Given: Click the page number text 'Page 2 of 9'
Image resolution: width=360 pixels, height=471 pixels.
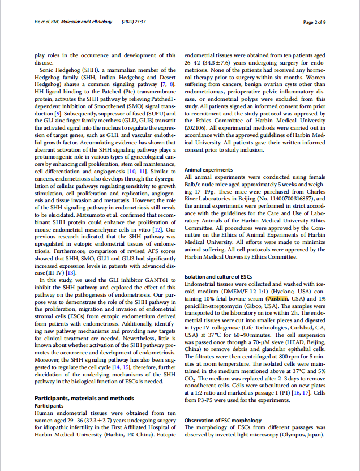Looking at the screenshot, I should click(314, 23).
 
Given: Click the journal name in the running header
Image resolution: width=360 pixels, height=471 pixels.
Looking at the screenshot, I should click(71, 23).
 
